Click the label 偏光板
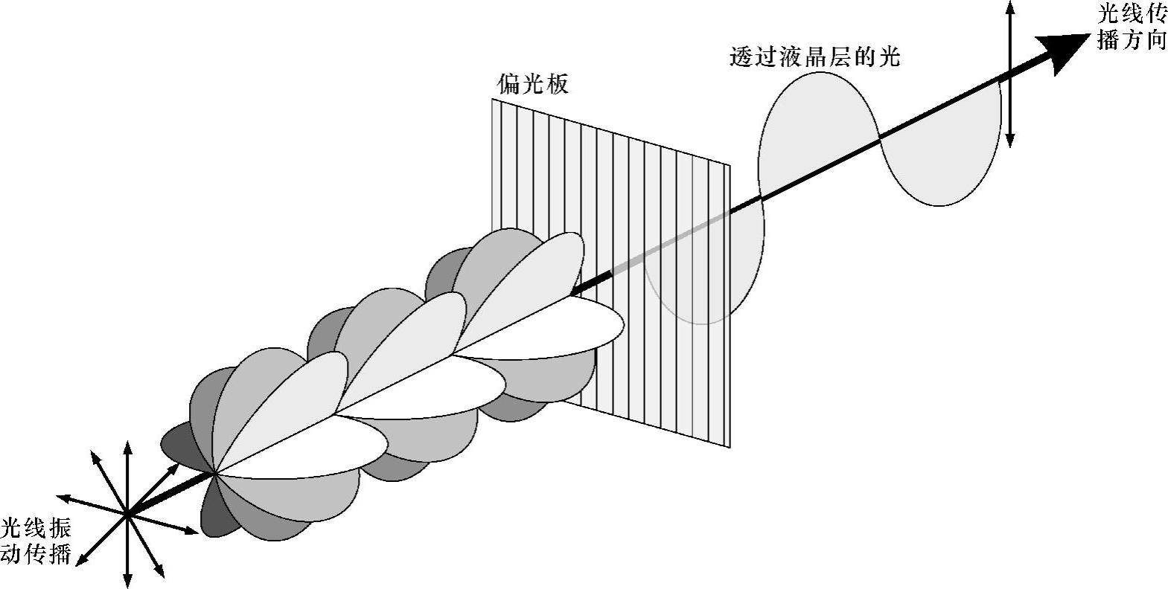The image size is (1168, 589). click(532, 83)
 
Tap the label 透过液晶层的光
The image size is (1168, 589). click(816, 57)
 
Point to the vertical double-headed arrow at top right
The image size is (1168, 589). click(1010, 73)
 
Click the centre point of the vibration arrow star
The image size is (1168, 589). click(127, 512)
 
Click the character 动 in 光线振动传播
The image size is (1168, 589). click(14, 555)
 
